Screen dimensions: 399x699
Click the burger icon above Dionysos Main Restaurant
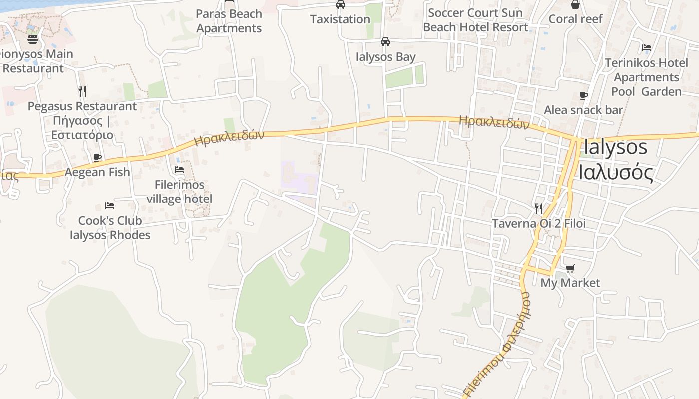pos(33,39)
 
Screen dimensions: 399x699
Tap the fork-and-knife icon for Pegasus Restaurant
pos(82,91)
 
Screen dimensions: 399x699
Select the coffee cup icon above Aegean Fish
pos(97,157)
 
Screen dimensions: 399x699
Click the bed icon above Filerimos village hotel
pos(179,170)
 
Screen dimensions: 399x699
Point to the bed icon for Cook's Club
pos(110,205)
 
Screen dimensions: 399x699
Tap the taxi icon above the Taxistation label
pos(340,4)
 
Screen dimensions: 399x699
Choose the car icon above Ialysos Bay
pos(385,42)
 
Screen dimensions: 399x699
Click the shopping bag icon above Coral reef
pos(575,4)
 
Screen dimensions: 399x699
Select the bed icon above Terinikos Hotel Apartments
pos(647,48)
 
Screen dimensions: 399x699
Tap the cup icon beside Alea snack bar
pos(583,95)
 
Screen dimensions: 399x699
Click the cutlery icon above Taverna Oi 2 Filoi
pos(539,208)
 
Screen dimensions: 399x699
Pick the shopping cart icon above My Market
pos(570,268)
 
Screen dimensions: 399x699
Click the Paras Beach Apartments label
pos(229,21)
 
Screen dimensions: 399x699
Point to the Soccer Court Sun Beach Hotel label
pos(475,20)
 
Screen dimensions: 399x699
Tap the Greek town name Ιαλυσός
pos(616,172)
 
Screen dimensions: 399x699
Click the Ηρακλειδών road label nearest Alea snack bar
pos(493,121)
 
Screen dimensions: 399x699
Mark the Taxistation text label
pos(340,19)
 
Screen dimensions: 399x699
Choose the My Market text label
pos(570,283)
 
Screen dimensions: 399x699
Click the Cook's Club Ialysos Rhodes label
pos(110,227)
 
